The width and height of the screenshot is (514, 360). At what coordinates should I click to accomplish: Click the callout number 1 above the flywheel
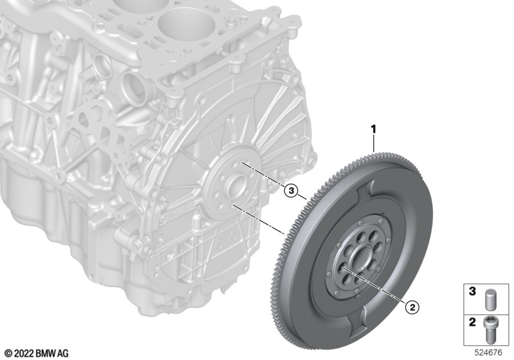[373, 129]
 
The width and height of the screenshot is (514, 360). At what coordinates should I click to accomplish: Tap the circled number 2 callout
[412, 307]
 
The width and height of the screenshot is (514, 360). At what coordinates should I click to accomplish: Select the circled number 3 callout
[291, 190]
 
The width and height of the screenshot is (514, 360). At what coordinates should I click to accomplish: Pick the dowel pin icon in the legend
[489, 299]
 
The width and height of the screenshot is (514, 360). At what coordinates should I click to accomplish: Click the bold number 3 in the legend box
[472, 291]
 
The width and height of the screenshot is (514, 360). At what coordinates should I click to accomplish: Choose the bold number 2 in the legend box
[472, 322]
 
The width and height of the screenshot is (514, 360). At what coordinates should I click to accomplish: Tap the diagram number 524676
[489, 353]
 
